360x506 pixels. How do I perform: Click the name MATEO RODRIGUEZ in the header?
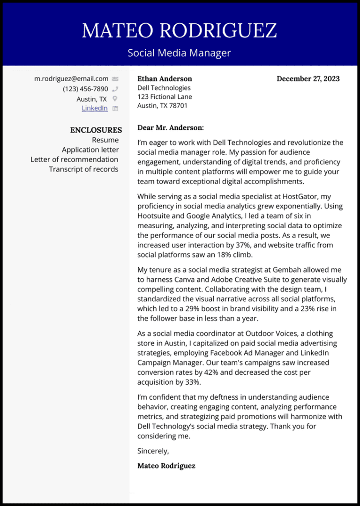(180, 31)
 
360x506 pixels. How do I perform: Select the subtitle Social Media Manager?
(180, 53)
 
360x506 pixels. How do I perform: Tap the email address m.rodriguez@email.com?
(71, 79)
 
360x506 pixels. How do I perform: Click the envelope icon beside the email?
(115, 79)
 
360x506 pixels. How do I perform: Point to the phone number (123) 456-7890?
(85, 89)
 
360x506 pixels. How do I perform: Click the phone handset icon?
(115, 89)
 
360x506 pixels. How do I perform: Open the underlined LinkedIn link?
(95, 108)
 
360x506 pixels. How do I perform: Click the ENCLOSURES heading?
(96, 130)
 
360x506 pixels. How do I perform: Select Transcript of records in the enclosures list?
(83, 169)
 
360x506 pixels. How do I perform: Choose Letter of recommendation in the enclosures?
(75, 160)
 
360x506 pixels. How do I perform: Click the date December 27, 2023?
(308, 79)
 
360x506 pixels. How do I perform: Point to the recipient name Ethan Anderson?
(165, 79)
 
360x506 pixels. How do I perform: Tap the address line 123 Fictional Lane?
(165, 97)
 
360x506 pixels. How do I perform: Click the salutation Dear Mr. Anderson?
(171, 127)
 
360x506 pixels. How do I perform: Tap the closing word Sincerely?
(153, 451)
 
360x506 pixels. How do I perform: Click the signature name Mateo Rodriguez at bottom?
(166, 466)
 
